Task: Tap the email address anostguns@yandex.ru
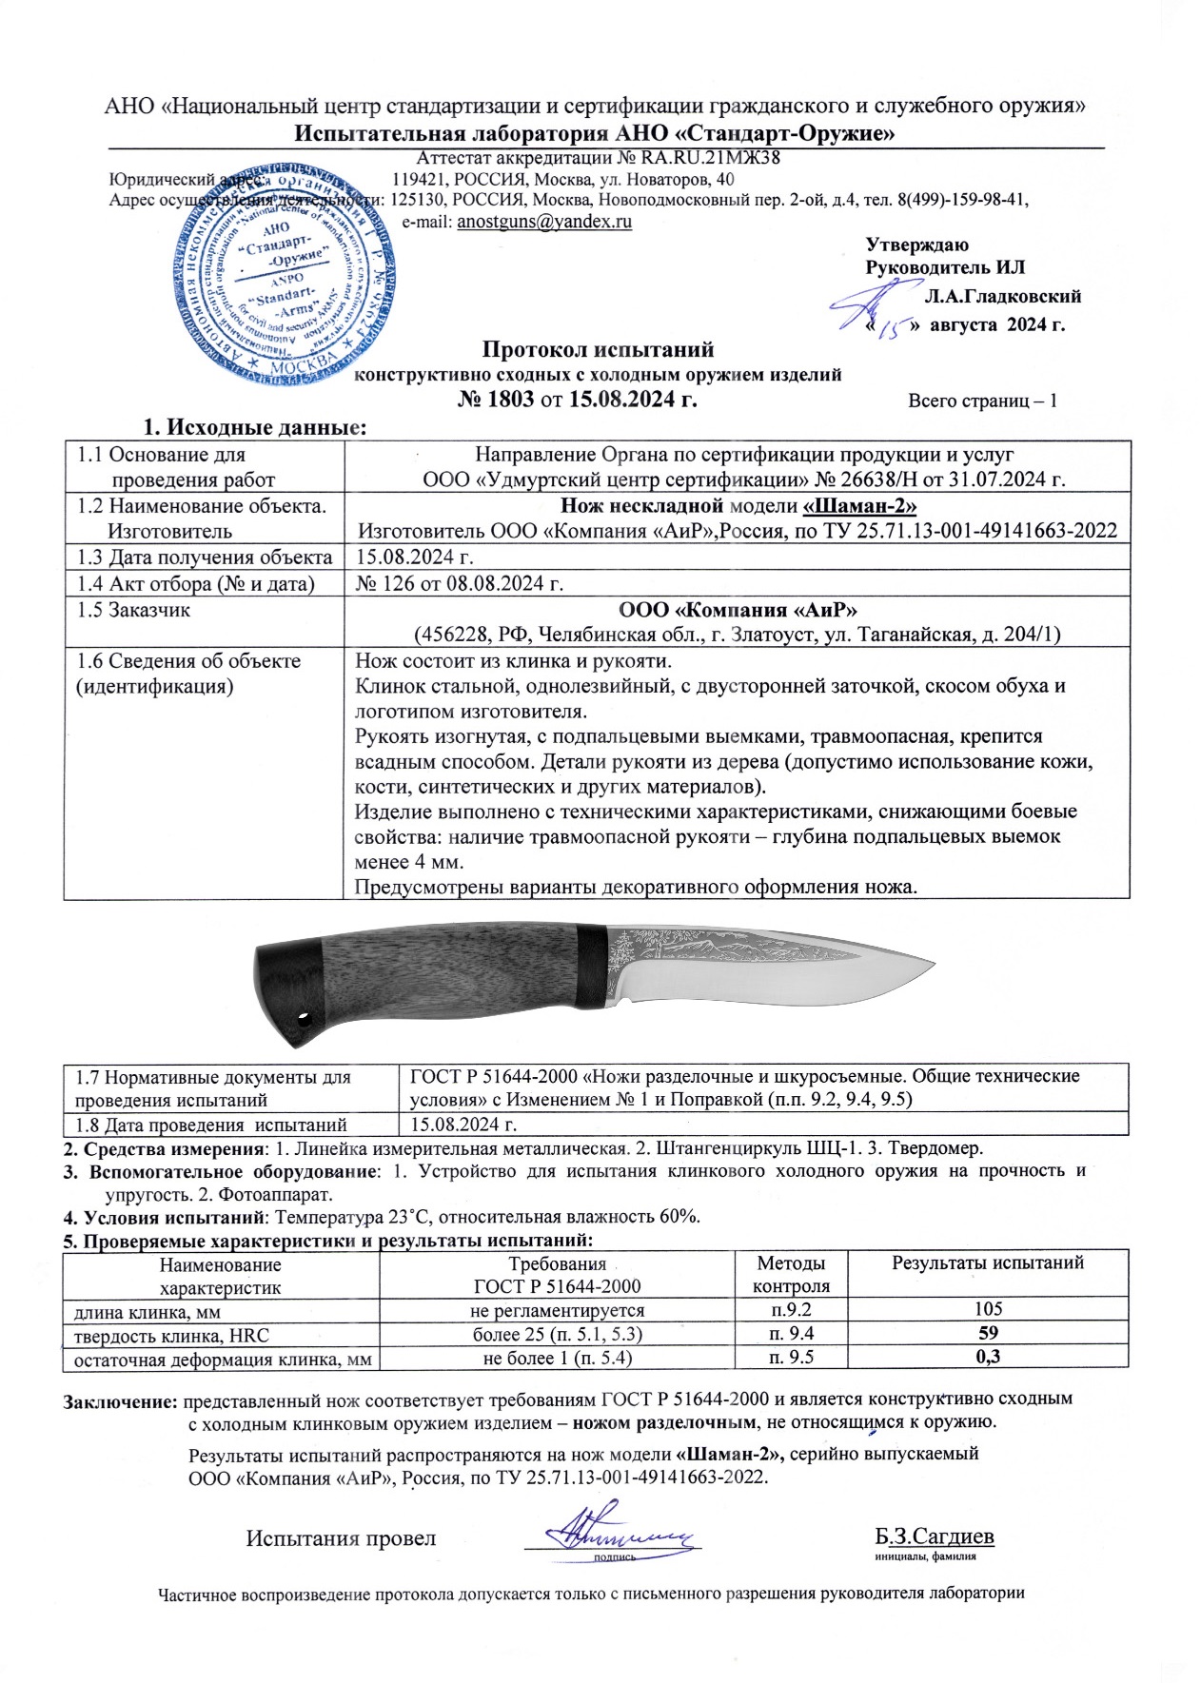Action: click(544, 222)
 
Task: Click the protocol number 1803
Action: click(511, 400)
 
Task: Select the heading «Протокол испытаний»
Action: click(598, 349)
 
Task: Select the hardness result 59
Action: click(989, 1333)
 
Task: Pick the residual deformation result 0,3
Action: click(989, 1357)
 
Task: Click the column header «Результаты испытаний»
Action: click(988, 1262)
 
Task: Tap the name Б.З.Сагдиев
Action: click(935, 1536)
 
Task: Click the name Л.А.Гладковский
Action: click(1002, 296)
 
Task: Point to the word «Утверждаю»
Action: click(917, 245)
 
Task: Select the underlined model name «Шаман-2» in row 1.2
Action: click(861, 505)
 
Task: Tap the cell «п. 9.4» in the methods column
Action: click(791, 1333)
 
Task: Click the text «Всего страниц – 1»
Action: click(982, 401)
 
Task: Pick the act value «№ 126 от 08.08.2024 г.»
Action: click(460, 583)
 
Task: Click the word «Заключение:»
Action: click(120, 1399)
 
